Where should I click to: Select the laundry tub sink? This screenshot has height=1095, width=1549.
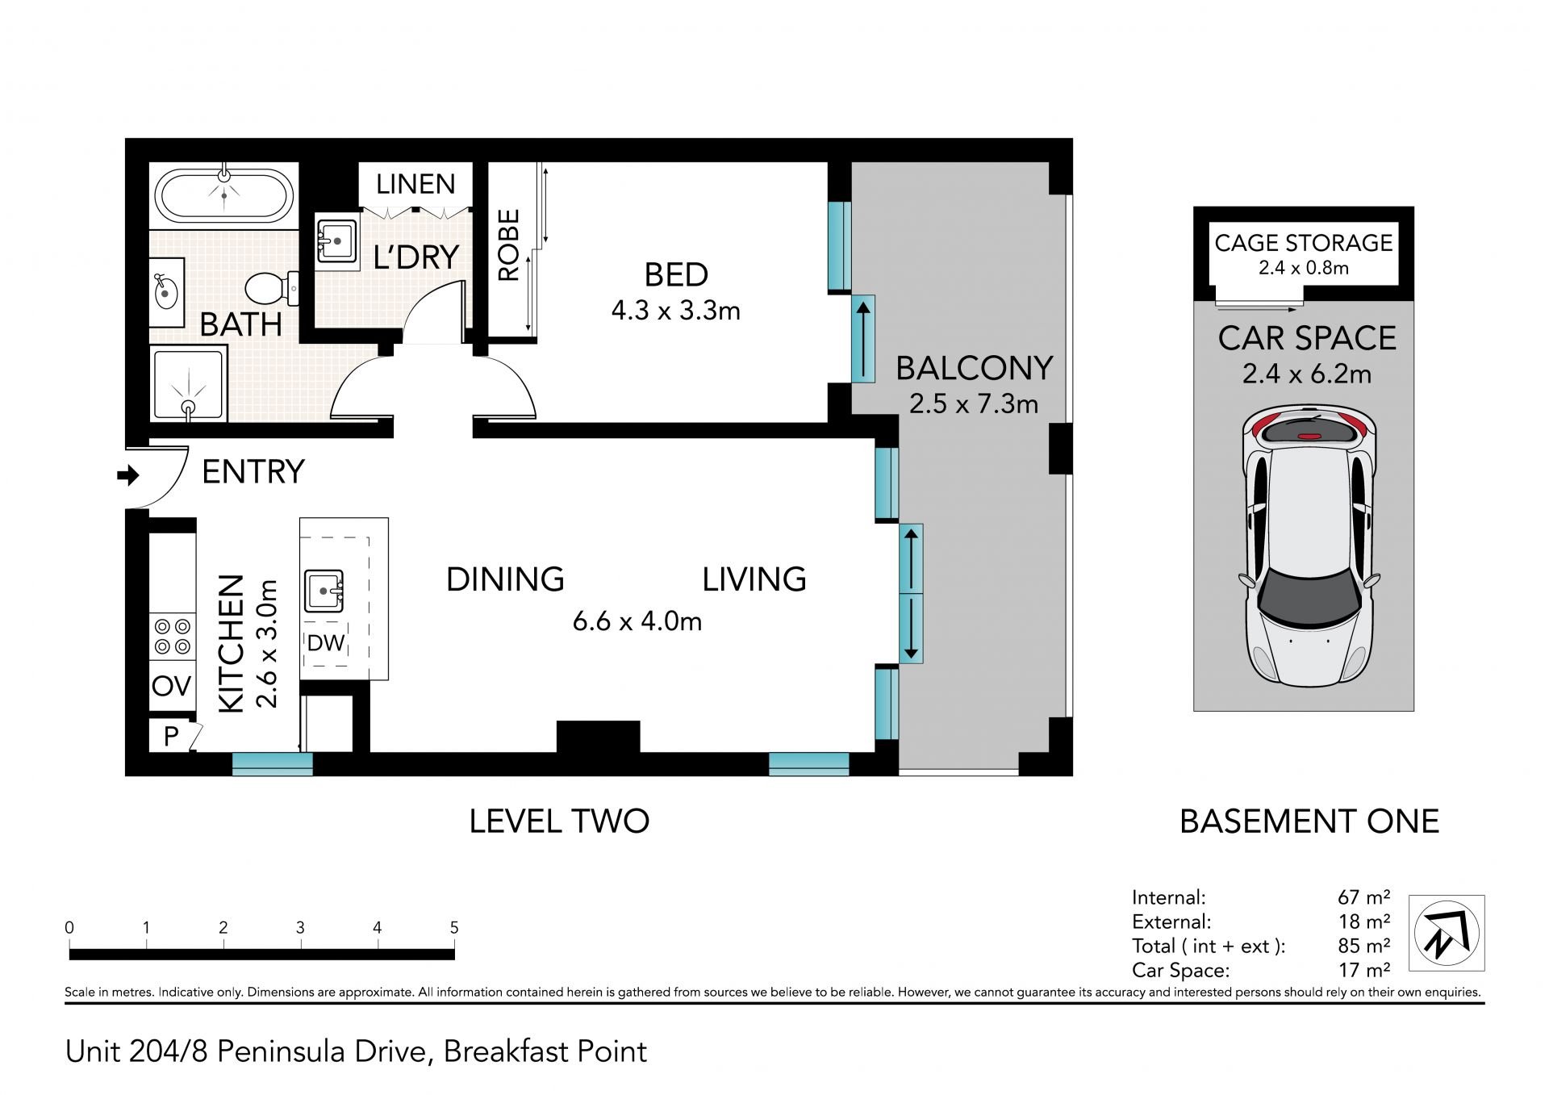[337, 240]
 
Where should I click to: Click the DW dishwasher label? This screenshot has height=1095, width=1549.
[326, 643]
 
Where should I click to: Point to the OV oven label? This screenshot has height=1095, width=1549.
[172, 686]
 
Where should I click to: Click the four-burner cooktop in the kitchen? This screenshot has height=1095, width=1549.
[173, 636]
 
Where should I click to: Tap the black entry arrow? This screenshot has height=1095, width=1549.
[128, 475]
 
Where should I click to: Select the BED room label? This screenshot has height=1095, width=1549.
[676, 275]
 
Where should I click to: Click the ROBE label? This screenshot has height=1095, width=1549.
[508, 245]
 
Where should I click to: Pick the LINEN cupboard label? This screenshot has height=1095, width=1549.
[415, 184]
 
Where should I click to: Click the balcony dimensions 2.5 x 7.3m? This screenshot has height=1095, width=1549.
[974, 403]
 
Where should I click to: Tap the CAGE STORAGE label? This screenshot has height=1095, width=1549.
[1304, 243]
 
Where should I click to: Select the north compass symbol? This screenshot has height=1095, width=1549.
[1447, 932]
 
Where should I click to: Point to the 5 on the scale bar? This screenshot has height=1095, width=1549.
[454, 928]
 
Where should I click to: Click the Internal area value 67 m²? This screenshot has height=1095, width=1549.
[1363, 897]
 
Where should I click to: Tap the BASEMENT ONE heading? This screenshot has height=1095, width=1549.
[1309, 821]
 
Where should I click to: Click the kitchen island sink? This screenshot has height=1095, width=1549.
[324, 591]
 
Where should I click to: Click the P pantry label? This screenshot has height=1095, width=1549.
[171, 736]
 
